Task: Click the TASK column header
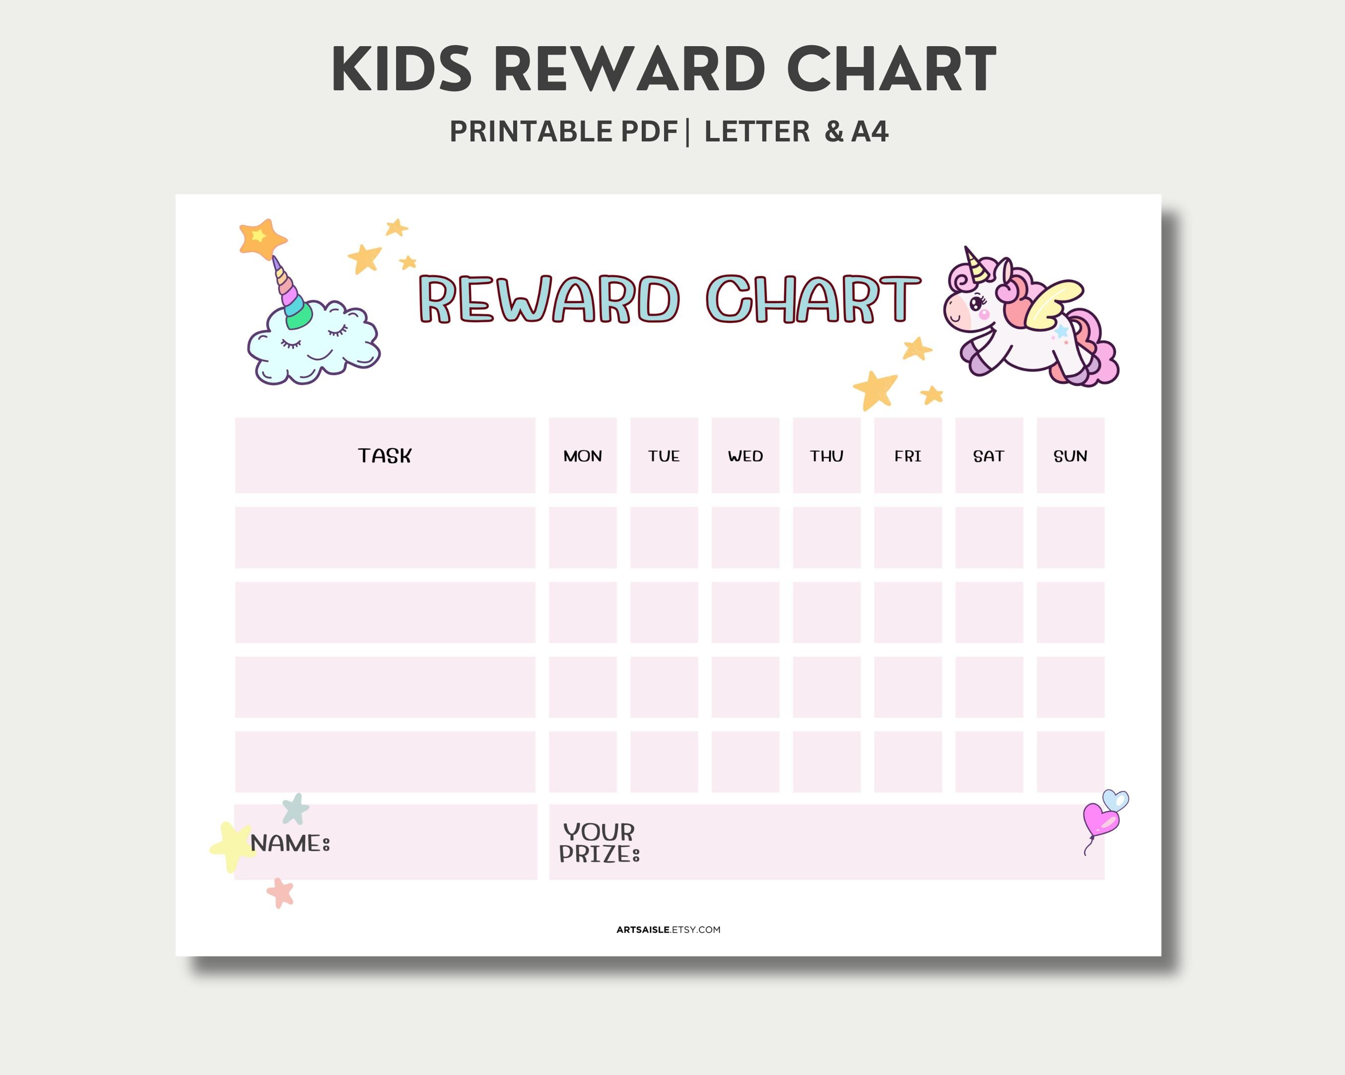384,456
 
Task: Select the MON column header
583,456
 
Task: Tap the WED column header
745,456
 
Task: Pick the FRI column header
908,456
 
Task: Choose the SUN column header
1070,456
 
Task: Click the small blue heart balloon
1115,800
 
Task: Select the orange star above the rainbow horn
262,238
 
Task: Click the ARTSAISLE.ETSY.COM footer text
668,930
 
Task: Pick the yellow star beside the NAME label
231,845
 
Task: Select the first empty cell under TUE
664,537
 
